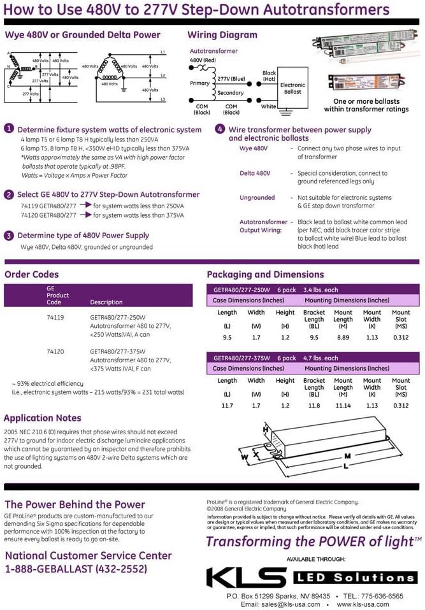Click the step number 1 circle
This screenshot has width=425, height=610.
coord(10,129)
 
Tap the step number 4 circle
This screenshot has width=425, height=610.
coord(220,129)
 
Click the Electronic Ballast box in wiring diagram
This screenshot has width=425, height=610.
coord(292,89)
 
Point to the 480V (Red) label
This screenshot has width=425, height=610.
coord(203,60)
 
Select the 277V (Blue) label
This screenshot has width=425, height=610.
coord(231,78)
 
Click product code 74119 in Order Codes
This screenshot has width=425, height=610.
coord(55,316)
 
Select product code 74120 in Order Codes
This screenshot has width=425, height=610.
coord(55,351)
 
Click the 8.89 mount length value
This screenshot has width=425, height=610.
coord(343,337)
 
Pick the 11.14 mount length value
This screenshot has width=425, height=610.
coord(343,405)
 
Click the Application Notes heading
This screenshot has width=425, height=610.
coord(43,418)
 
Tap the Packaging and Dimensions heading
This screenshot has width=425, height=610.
coord(265,274)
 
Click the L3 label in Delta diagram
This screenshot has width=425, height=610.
coord(163,100)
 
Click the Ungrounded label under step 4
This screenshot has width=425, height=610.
coord(257,197)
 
